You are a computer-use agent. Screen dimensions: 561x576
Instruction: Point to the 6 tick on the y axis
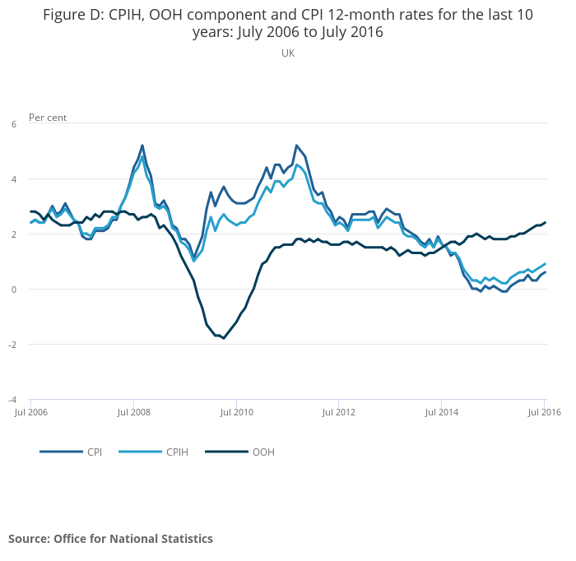pos(13,124)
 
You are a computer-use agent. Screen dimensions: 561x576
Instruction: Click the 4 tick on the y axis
pos(13,179)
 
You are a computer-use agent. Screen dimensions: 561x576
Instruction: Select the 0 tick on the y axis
pos(13,290)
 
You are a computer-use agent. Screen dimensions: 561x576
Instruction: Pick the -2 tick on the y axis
pos(12,345)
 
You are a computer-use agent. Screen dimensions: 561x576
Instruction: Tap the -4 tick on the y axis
pos(12,400)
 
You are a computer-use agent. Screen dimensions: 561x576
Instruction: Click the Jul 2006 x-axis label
pos(30,412)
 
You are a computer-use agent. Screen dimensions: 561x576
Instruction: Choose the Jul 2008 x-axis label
pos(133,412)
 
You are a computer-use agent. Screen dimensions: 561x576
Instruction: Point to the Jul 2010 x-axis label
pos(236,412)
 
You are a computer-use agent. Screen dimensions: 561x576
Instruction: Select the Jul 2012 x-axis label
pos(338,412)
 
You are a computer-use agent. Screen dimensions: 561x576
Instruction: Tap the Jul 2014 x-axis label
pos(441,412)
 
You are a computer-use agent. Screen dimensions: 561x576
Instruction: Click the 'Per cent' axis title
pos(48,118)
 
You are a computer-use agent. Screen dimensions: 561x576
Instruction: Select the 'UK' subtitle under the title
pos(288,53)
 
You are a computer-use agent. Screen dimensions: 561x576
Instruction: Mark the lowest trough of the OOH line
pos(223,338)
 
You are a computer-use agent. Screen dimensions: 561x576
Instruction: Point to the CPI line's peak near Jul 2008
pos(142,146)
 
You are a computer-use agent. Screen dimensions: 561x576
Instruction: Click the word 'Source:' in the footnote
pos(29,539)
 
